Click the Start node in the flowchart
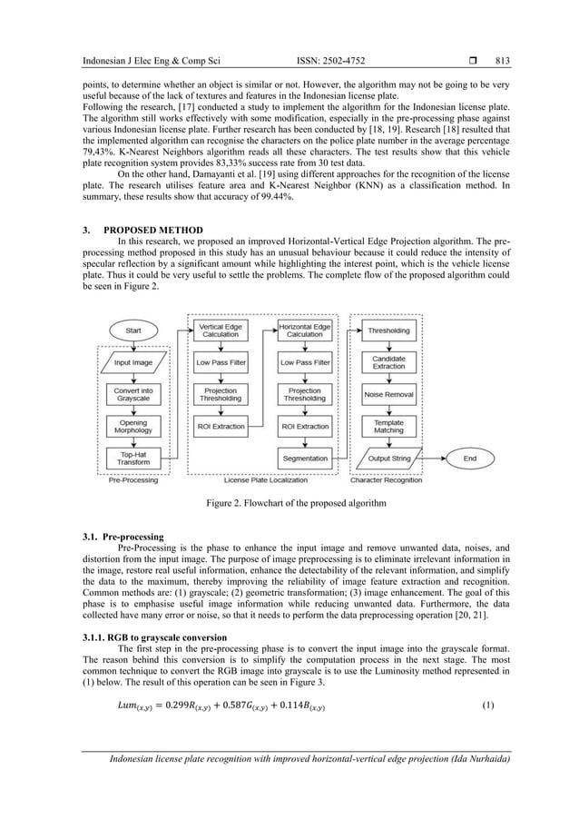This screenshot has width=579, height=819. [x=133, y=331]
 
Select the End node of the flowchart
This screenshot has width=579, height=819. [x=469, y=459]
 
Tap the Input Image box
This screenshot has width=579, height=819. [x=133, y=363]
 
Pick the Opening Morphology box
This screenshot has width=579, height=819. [x=133, y=426]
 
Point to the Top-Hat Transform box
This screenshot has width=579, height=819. [x=133, y=458]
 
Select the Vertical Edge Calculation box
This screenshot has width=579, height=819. [x=220, y=331]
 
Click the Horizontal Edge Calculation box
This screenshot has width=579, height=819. [x=304, y=331]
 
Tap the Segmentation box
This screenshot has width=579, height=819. [x=304, y=459]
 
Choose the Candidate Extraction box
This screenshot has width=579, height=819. [x=388, y=363]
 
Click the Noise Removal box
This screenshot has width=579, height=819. [x=388, y=395]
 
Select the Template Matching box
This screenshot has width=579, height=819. [x=388, y=427]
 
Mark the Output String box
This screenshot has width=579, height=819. [x=388, y=459]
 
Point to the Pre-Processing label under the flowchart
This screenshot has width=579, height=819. [x=133, y=480]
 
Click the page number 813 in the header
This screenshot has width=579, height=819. [x=503, y=62]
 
